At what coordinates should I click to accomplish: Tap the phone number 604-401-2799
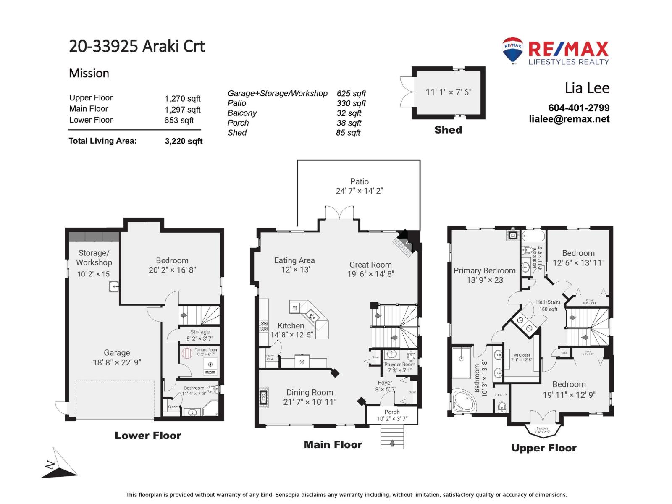579,108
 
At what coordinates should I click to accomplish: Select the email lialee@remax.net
569,119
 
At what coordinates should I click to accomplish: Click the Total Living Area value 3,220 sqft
184,141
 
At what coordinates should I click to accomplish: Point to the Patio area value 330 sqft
351,103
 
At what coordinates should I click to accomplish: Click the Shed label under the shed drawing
448,130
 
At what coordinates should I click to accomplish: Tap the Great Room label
370,265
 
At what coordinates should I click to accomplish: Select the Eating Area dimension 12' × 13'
295,270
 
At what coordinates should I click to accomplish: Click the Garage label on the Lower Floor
117,353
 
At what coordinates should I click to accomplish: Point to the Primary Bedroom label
484,270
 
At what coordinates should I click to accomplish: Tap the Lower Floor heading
148,436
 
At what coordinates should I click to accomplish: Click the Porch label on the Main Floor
392,412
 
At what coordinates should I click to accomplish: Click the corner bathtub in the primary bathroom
464,402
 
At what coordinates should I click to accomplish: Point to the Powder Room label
399,365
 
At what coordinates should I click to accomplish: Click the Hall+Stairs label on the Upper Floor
548,302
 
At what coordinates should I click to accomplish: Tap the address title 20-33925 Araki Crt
137,46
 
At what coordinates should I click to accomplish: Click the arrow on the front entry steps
392,443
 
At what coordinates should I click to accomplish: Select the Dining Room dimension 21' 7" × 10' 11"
310,402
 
